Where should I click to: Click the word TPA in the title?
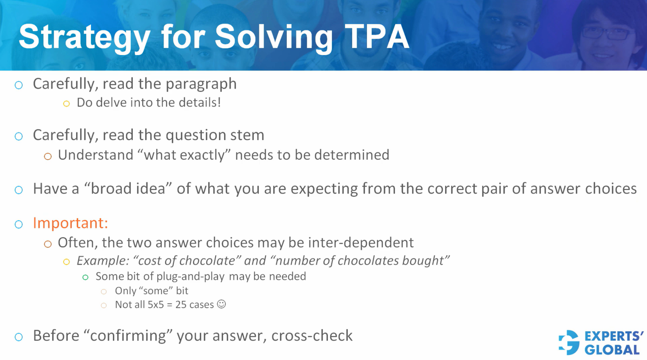coord(377,37)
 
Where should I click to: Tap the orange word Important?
coord(70,223)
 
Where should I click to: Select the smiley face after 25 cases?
coord(221,304)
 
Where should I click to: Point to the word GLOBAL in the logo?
coord(612,350)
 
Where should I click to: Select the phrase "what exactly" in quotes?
coord(184,155)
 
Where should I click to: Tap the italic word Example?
coord(103,261)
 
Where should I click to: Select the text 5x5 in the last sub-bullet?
coord(156,305)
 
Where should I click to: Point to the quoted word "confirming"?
coord(128,336)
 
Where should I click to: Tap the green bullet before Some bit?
coord(85,277)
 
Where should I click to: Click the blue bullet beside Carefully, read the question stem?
coord(19,136)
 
